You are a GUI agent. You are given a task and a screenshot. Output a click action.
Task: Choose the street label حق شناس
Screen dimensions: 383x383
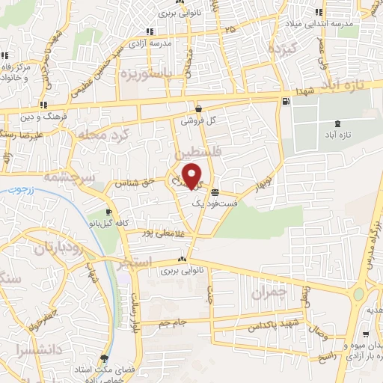pyautogui.click(x=132, y=182)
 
